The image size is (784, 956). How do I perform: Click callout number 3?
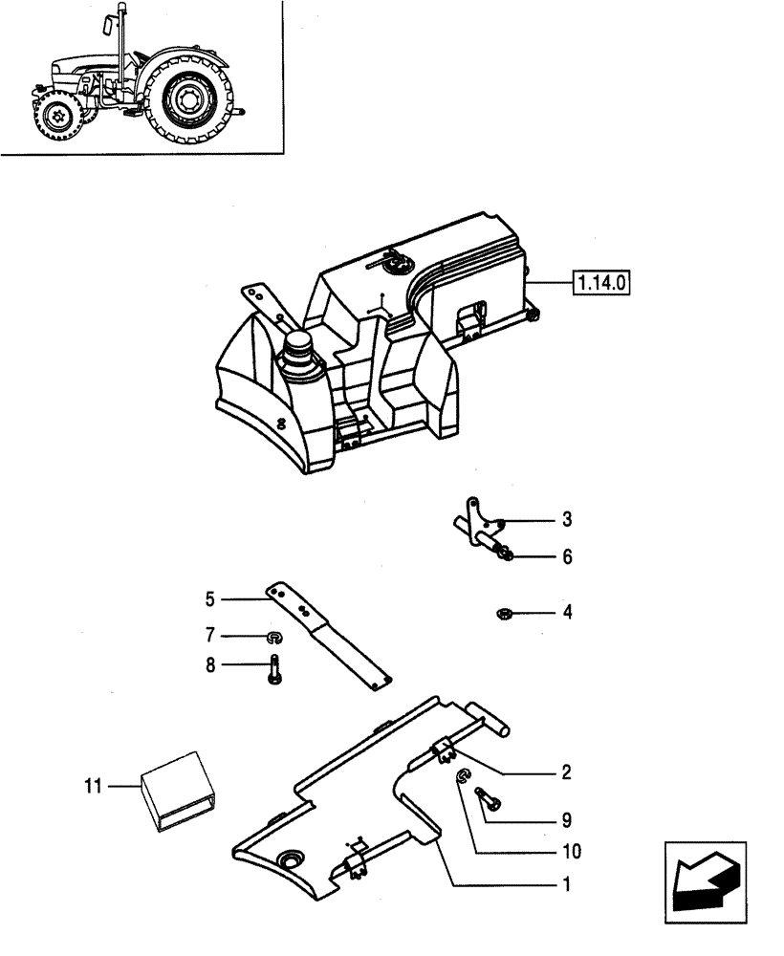pos(567,520)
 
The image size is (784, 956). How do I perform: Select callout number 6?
pos(567,556)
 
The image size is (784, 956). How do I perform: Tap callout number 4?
pos(567,611)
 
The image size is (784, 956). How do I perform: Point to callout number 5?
pos(209,600)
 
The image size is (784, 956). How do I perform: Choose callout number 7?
pos(209,635)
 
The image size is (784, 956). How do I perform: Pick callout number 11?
pos(92,787)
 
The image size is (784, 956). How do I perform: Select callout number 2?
pos(567,771)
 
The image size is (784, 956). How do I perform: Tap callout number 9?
pos(567,819)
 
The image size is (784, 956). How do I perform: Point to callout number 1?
pos(567,885)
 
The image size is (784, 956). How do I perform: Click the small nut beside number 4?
pos(503,612)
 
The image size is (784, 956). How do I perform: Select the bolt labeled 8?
pos(273,666)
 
